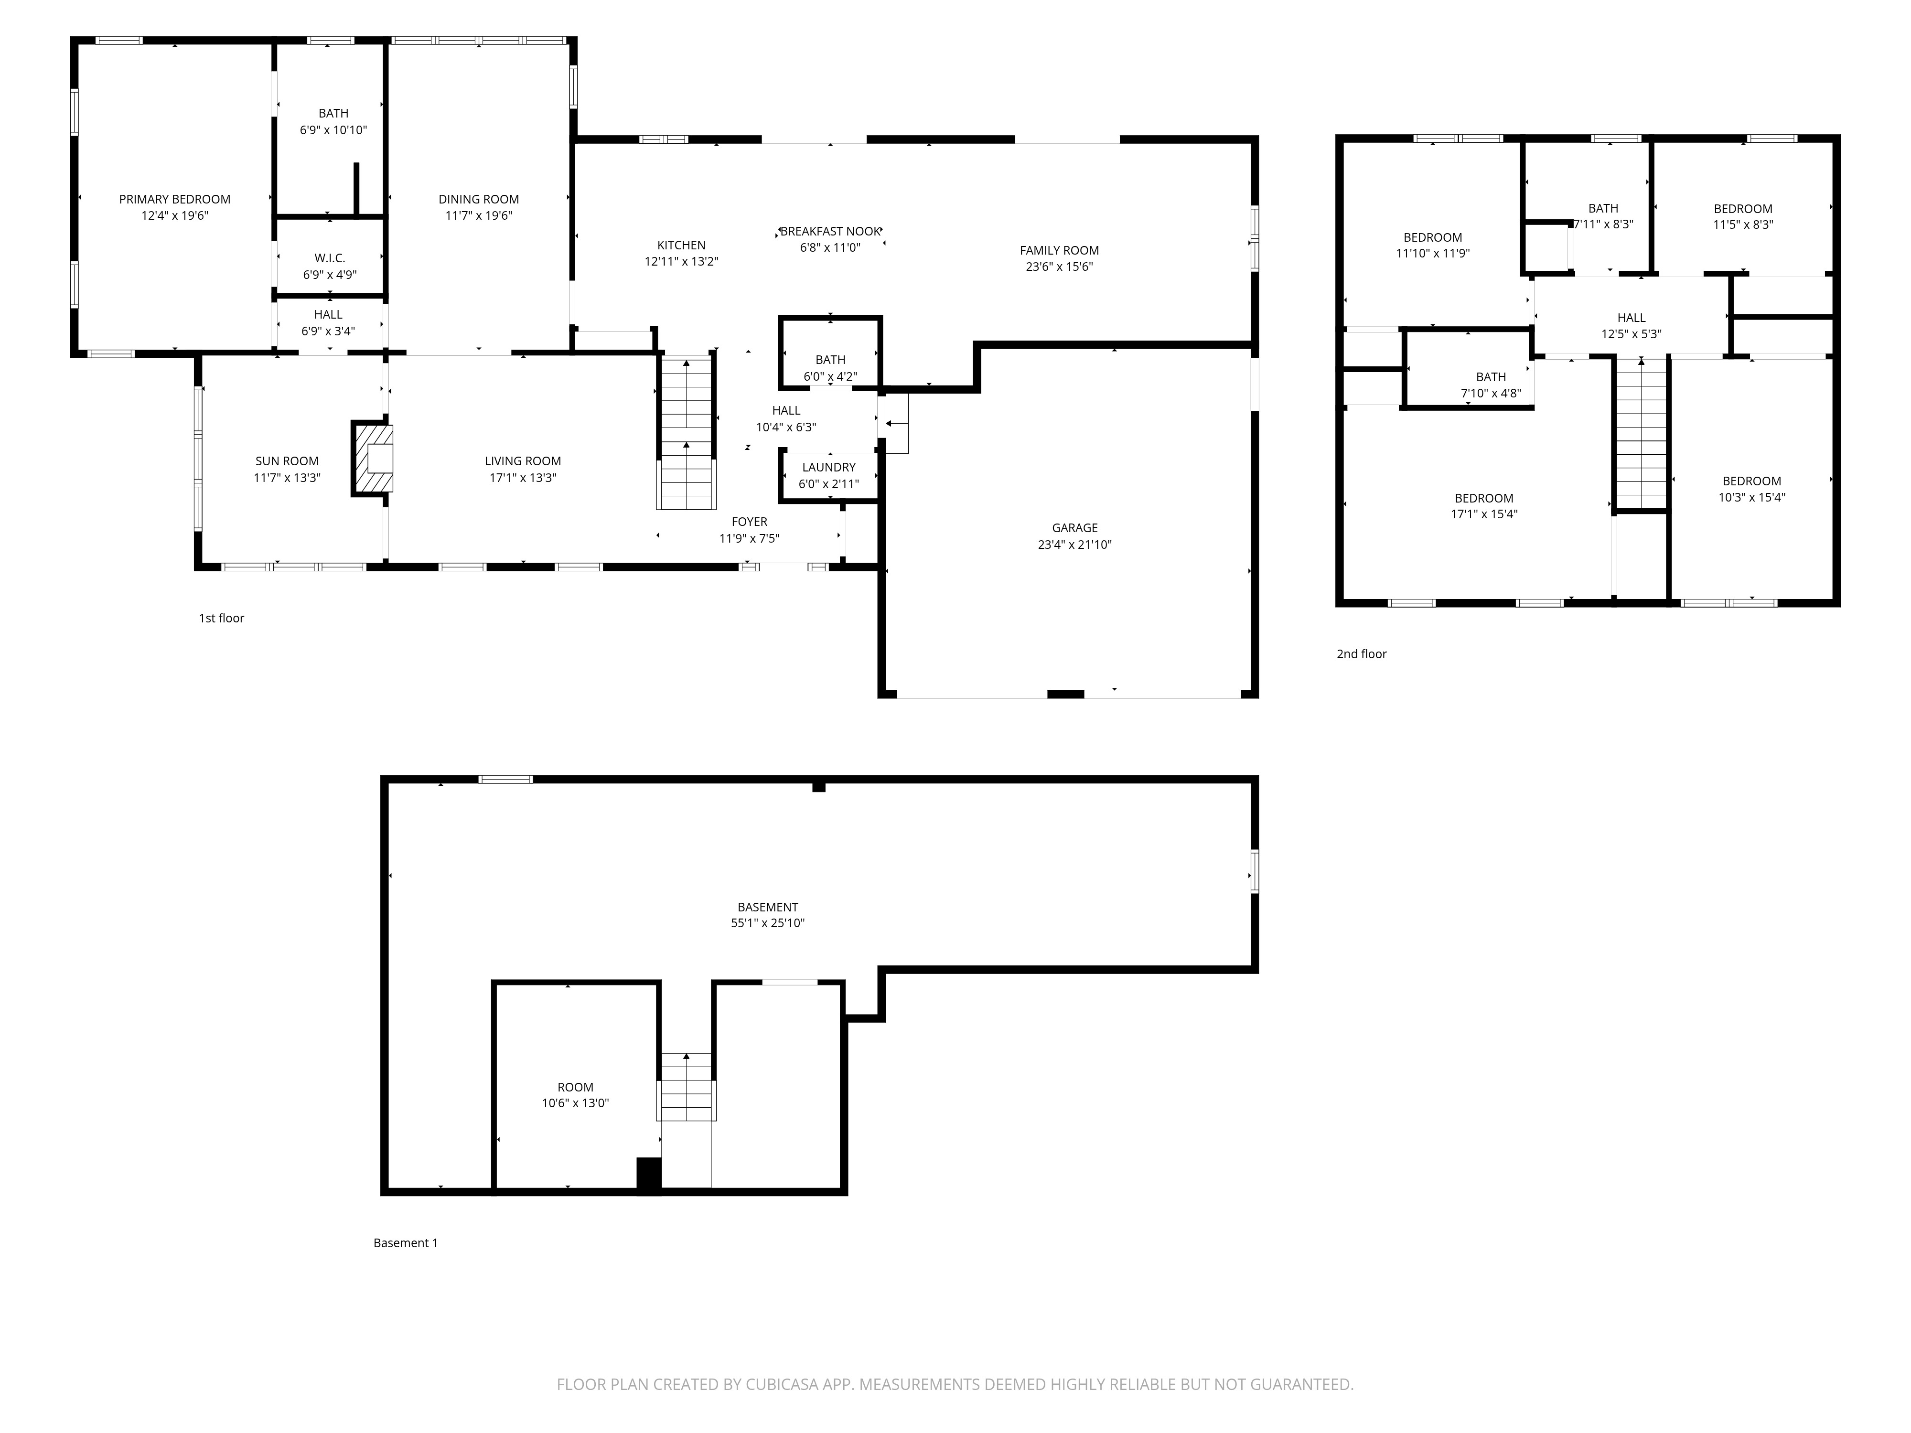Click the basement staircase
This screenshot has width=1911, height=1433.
(687, 1088)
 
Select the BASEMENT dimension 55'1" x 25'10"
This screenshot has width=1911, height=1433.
(767, 922)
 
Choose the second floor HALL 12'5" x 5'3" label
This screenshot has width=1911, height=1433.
(1631, 326)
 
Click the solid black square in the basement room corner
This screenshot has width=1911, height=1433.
(649, 1174)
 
